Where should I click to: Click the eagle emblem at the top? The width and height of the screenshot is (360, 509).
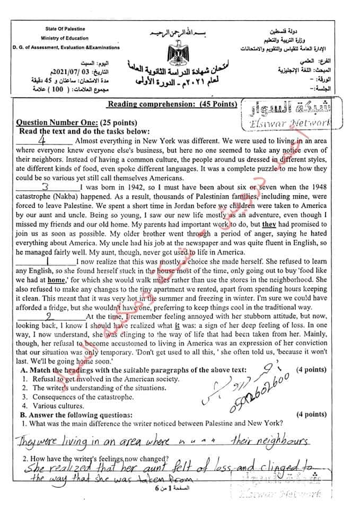(x=177, y=54)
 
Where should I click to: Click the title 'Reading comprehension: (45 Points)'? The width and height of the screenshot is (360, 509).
(x=172, y=104)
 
